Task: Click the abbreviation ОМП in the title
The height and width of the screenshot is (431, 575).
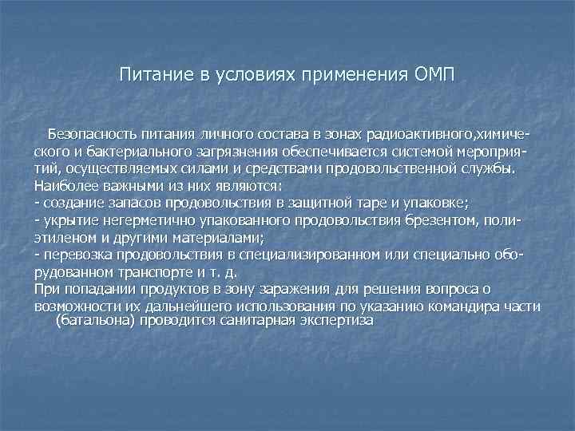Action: [x=434, y=76]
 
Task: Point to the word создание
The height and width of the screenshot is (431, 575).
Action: [x=71, y=203]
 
